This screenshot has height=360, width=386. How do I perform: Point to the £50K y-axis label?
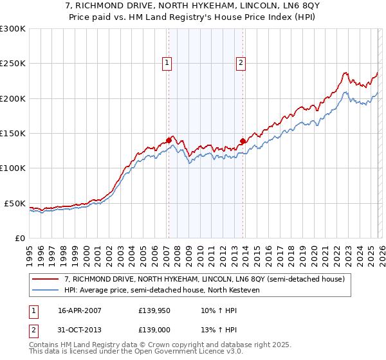pyautogui.click(x=14, y=203)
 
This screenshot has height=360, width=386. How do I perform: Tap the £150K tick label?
pyautogui.click(x=12, y=133)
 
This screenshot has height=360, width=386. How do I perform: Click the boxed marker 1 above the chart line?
pyautogui.click(x=167, y=63)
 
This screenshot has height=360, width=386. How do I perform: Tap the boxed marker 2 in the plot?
pyautogui.click(x=241, y=63)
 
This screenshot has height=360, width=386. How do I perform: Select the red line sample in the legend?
pyautogui.click(x=46, y=279)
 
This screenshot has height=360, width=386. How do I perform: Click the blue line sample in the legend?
pyautogui.click(x=46, y=290)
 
